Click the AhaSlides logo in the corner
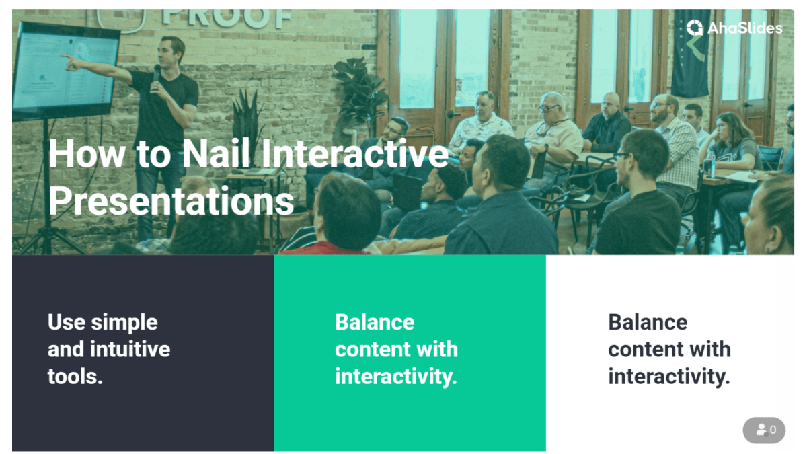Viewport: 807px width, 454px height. click(734, 28)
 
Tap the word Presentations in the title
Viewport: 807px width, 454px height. click(171, 200)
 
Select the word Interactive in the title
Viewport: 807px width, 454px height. click(354, 153)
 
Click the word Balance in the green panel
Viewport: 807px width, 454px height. click(375, 322)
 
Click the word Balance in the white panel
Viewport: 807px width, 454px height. click(648, 322)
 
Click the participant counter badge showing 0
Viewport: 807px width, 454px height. click(764, 430)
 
